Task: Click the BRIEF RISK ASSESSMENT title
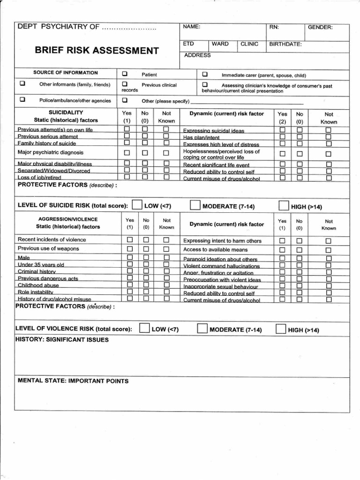tap(97, 51)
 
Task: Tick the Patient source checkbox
tap(125, 74)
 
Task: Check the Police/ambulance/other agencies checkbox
tap(22, 100)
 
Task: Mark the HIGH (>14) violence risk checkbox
tap(281, 329)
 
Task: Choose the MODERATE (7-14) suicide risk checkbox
tap(195, 205)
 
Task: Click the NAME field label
tap(192, 27)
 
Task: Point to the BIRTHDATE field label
tap(285, 45)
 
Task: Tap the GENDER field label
tap(320, 27)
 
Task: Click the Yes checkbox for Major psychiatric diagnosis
tap(127, 153)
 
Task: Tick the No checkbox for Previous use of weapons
tap(145, 249)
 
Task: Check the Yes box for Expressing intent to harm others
tap(282, 240)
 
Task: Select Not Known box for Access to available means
tap(328, 249)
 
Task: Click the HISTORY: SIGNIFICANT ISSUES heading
tap(62, 339)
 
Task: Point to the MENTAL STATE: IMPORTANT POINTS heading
tap(73, 381)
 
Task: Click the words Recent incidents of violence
tap(52, 240)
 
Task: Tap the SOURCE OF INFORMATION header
tap(66, 73)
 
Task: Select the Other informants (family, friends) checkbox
tap(22, 84)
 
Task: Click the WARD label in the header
tap(220, 44)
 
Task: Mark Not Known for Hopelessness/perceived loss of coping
tap(328, 154)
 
